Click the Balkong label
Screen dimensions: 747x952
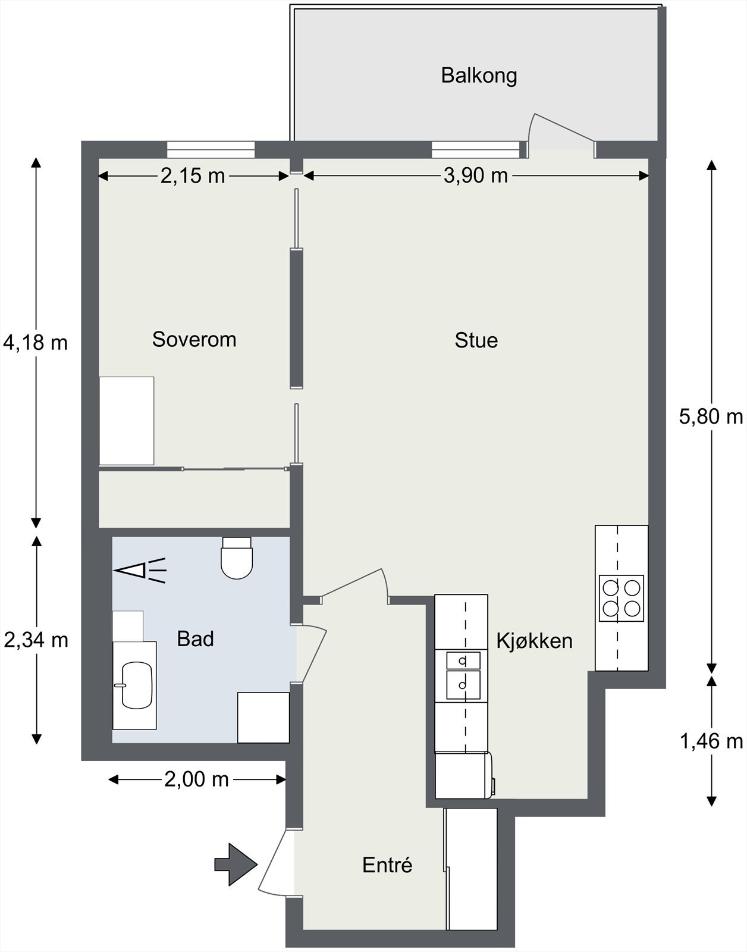click(x=479, y=76)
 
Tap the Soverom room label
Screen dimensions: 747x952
click(x=194, y=340)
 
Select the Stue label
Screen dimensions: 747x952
click(x=476, y=340)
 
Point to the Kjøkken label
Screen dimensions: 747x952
click(x=534, y=640)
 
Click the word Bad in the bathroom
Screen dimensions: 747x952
click(x=195, y=639)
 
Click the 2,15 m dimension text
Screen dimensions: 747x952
click(x=193, y=176)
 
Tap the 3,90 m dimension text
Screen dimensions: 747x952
click(x=476, y=176)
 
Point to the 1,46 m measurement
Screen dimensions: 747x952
click(x=711, y=742)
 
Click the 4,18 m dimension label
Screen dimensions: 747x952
click(x=36, y=342)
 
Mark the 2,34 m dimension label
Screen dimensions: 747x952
click(x=36, y=640)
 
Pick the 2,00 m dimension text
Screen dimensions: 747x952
click(x=197, y=779)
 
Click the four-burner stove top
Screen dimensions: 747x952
click(x=622, y=598)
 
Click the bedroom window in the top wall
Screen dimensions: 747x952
click(x=211, y=149)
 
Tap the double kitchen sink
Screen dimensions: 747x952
click(x=463, y=675)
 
